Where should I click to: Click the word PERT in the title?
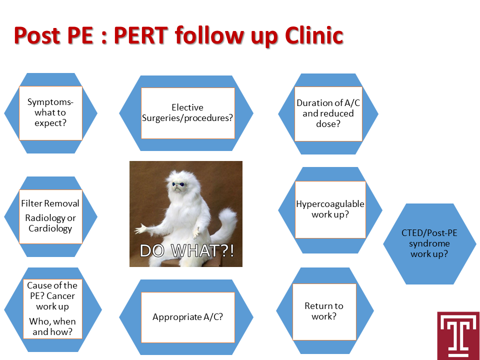141,35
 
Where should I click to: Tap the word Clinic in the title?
314,35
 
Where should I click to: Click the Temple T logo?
458,335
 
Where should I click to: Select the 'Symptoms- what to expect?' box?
50,113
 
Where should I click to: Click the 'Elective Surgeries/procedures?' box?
187,113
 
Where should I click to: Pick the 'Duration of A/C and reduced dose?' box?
328,113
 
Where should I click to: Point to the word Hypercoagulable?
330,204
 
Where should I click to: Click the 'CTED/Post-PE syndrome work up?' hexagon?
429,243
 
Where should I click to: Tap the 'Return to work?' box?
324,311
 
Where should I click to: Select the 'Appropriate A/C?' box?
187,317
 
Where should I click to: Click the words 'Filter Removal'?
50,203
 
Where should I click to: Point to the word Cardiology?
50,228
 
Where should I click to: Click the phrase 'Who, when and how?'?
52,326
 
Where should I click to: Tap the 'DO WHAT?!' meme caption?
186,250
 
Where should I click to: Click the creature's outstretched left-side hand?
141,228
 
